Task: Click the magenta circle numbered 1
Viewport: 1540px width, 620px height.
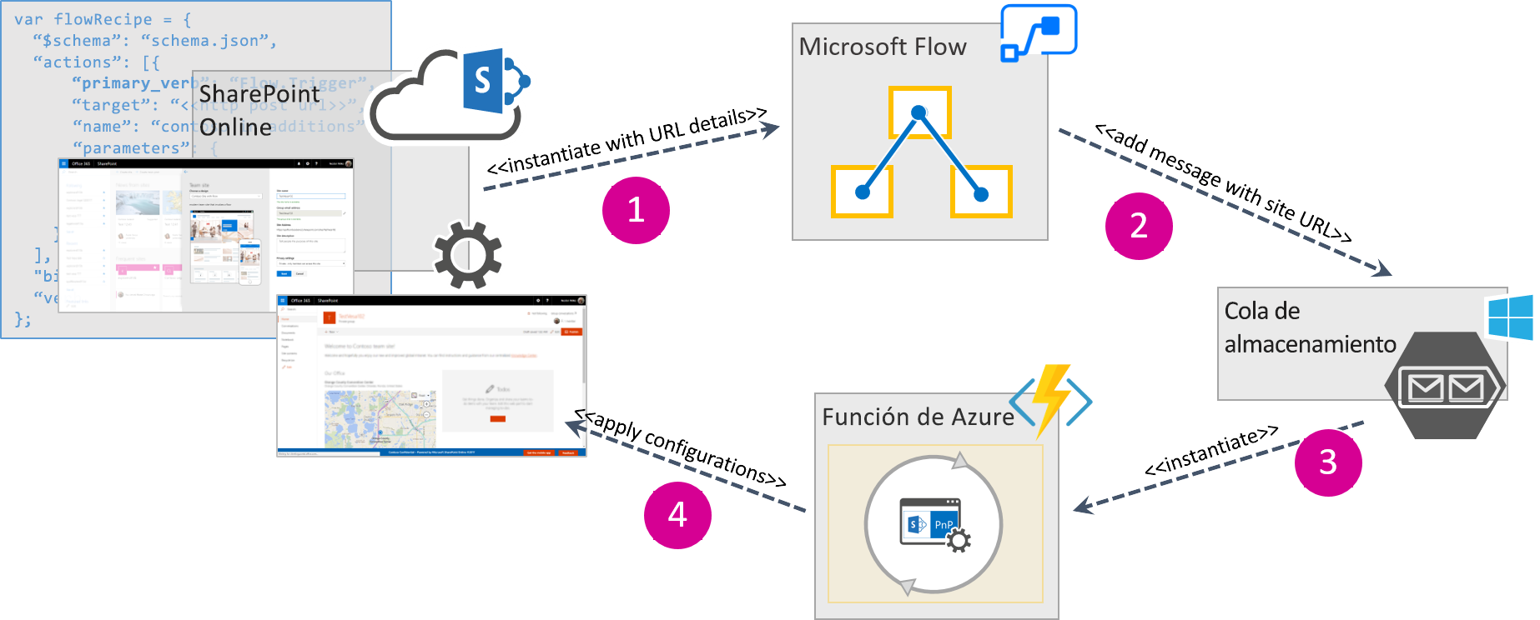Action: pyautogui.click(x=636, y=210)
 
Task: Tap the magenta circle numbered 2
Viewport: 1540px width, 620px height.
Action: pyautogui.click(x=1139, y=226)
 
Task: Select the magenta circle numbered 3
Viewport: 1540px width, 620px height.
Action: pyautogui.click(x=1328, y=462)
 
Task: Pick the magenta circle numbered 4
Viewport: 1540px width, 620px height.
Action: pyautogui.click(x=677, y=515)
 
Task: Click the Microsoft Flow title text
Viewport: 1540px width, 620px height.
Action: pyautogui.click(x=883, y=47)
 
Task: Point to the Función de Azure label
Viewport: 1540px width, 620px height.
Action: pyautogui.click(x=918, y=417)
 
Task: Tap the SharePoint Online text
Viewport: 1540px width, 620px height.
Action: pyautogui.click(x=259, y=110)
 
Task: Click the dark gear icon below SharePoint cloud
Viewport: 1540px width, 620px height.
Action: pyautogui.click(x=467, y=255)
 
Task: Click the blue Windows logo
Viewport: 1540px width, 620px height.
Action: pyautogui.click(x=1512, y=317)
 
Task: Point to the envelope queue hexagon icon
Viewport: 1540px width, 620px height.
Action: pyautogui.click(x=1445, y=386)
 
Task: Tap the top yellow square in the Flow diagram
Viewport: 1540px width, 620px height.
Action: pyautogui.click(x=919, y=112)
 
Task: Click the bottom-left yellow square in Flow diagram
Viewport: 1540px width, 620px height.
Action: pyautogui.click(x=862, y=192)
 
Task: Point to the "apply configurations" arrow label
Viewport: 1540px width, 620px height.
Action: pyautogui.click(x=681, y=447)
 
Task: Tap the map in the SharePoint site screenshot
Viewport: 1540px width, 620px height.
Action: pyautogui.click(x=380, y=418)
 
